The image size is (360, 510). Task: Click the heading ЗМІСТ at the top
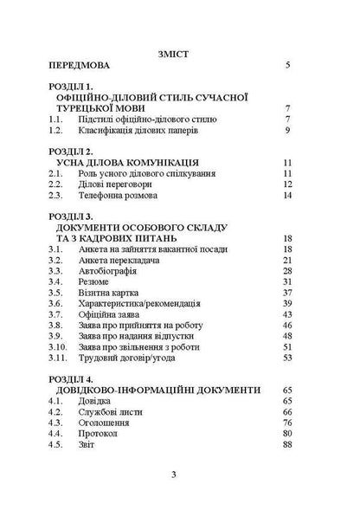180,52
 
